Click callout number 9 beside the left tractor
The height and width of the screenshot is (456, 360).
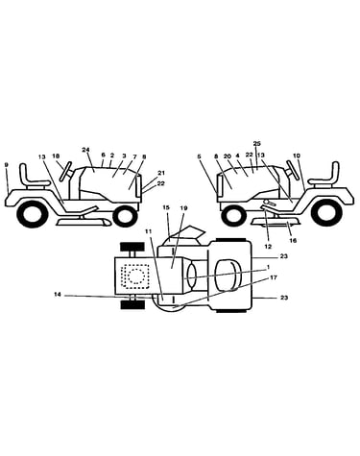(x=7, y=165)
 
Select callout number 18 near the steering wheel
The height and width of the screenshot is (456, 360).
(x=56, y=156)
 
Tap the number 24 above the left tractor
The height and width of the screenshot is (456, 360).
(x=84, y=150)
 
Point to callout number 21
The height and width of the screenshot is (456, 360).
(x=161, y=173)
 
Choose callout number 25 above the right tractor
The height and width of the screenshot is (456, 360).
(x=256, y=143)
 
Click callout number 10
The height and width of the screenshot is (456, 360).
(x=297, y=156)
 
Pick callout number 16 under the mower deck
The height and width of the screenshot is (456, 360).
(x=293, y=240)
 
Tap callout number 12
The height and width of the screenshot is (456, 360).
(x=268, y=247)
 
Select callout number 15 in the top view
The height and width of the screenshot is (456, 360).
(x=165, y=208)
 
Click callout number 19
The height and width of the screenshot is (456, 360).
(x=184, y=208)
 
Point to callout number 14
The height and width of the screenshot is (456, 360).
(x=58, y=295)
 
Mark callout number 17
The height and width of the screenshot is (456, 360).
(x=274, y=277)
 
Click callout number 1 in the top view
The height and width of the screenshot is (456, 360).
(x=268, y=267)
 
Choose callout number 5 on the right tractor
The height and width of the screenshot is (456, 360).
(x=199, y=156)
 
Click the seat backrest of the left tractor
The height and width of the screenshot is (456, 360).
(x=24, y=172)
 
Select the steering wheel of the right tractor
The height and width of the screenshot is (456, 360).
(x=291, y=168)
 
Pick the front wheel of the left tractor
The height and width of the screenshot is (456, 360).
(x=125, y=216)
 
